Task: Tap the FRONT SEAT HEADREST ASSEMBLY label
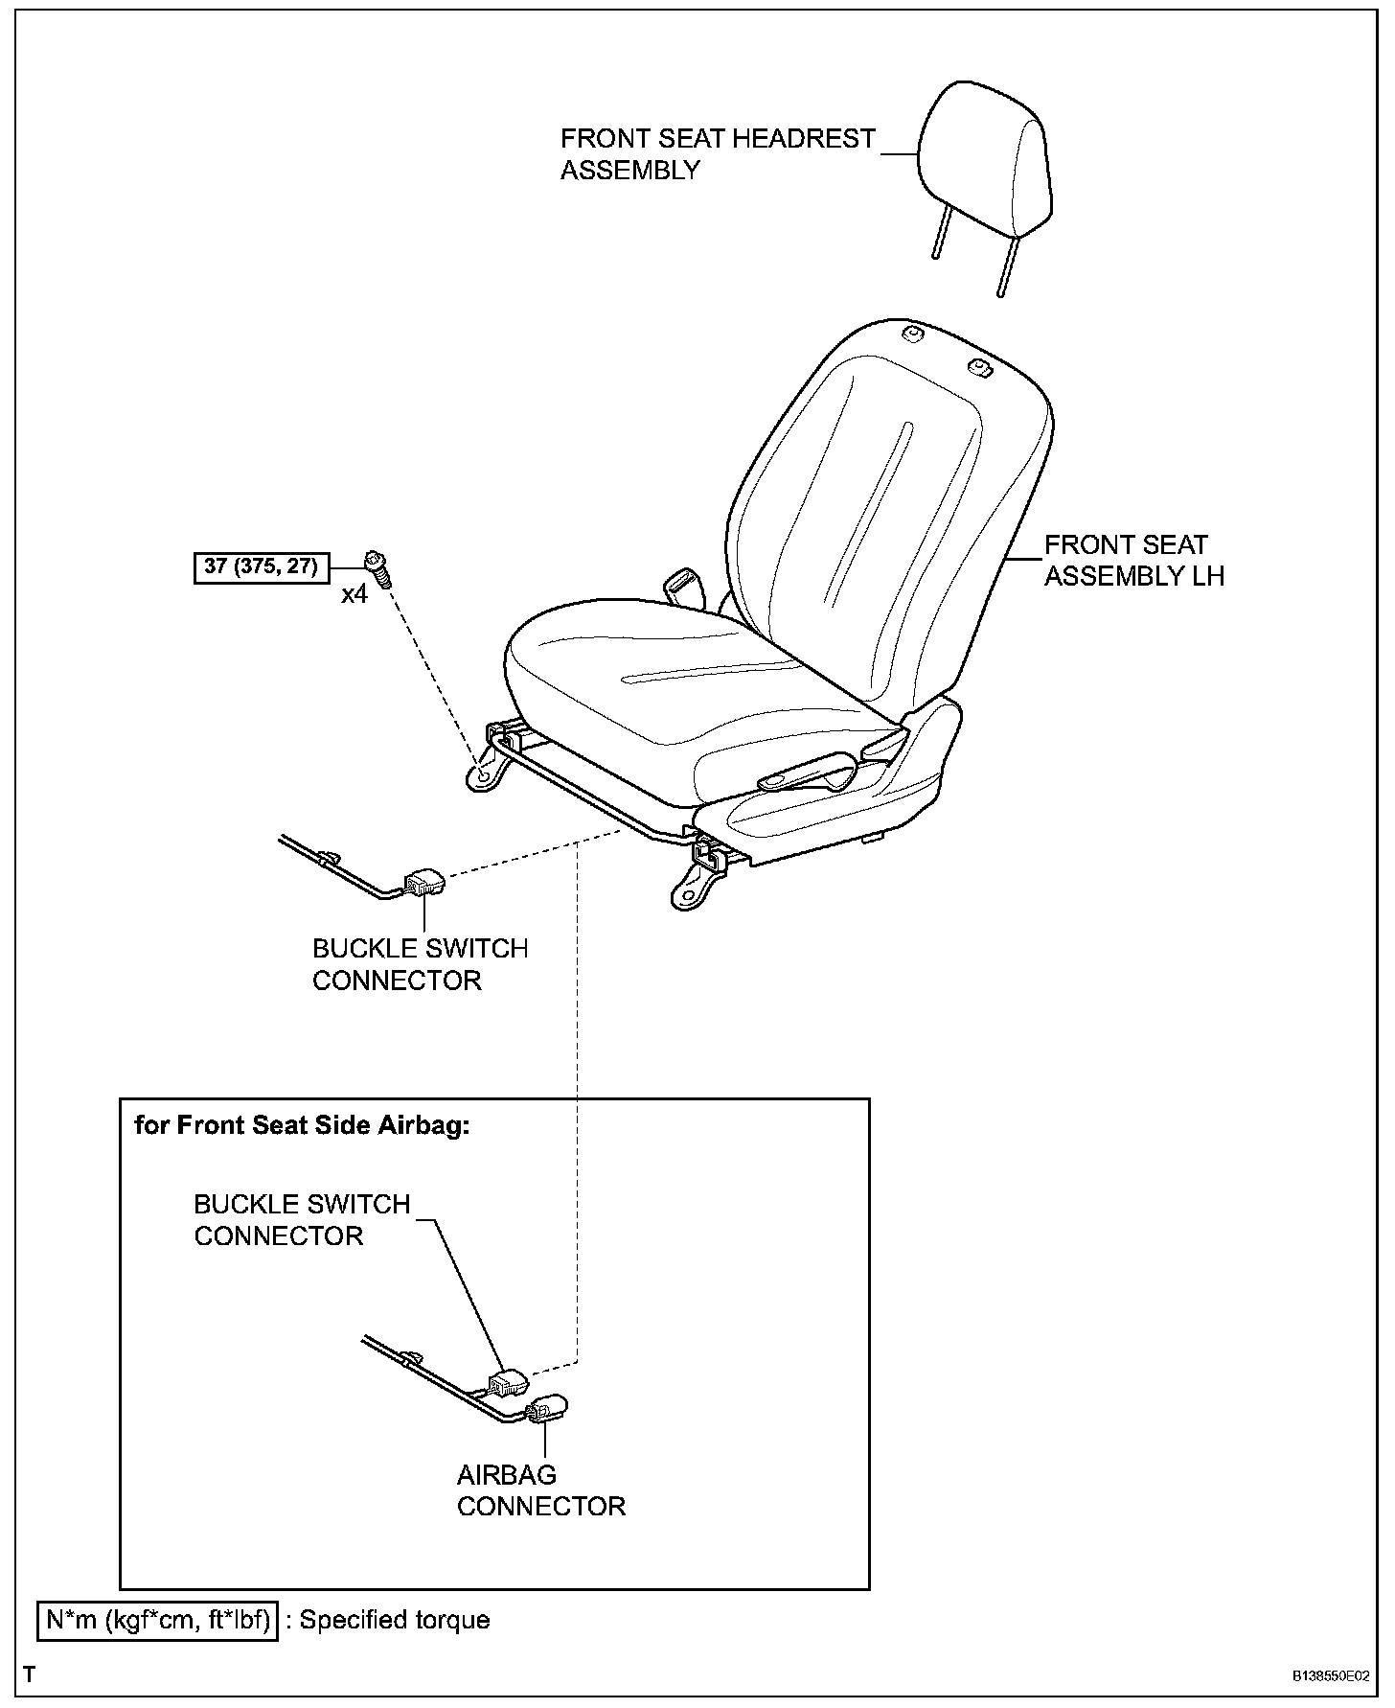coord(718,154)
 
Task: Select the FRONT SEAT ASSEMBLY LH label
coord(1133,561)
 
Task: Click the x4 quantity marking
coord(354,595)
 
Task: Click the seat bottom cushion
coord(671,671)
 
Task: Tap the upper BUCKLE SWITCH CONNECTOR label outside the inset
coord(420,964)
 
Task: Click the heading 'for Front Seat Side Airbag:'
coord(302,1125)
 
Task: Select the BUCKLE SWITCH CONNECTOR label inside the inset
coord(302,1219)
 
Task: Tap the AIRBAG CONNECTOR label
coord(540,1489)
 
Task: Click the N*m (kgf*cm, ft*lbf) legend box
coord(157,1621)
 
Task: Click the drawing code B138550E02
coord(1330,1675)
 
